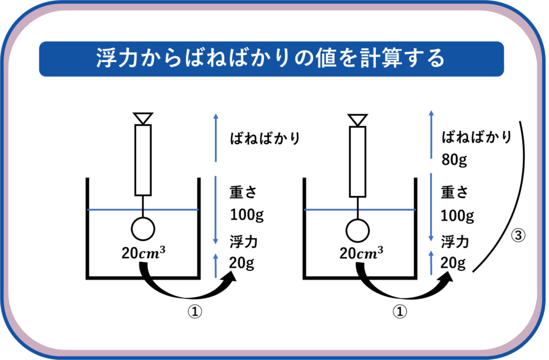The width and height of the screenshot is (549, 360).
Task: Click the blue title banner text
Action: coord(271,58)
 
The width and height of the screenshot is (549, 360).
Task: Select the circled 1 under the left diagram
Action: coord(194,312)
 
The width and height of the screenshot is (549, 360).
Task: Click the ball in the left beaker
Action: coord(143,230)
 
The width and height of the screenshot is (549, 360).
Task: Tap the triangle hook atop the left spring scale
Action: coord(143,118)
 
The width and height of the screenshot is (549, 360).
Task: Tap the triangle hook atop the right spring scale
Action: coord(358,119)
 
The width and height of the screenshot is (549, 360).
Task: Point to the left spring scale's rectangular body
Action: coord(143,160)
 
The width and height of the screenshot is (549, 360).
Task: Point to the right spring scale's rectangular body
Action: coord(358,161)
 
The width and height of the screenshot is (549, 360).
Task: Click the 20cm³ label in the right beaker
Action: coord(361,253)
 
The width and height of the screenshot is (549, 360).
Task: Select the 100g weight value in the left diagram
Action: coord(247,215)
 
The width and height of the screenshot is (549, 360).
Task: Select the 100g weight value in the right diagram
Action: coord(457,216)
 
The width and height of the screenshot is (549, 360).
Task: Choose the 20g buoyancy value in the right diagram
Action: coord(453,263)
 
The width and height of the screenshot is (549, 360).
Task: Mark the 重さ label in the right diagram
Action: coord(455,192)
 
